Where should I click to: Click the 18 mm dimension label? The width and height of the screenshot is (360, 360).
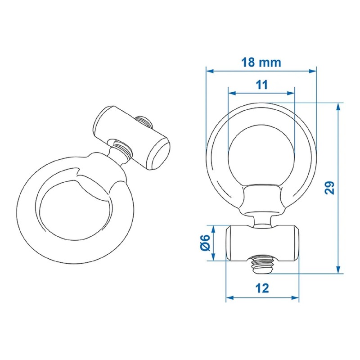click(x=261, y=62)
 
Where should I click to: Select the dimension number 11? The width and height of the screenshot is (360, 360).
click(x=262, y=84)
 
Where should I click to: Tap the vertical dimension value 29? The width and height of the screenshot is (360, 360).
click(x=330, y=188)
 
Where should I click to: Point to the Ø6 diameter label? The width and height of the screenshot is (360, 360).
click(x=205, y=243)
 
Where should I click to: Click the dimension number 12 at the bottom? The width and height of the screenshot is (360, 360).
click(x=261, y=288)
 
